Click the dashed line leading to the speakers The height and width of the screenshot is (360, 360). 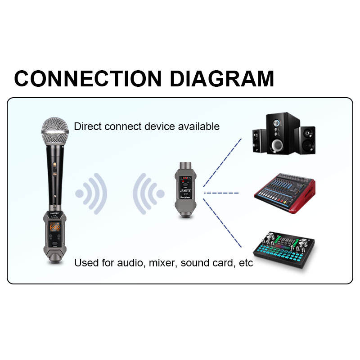[x=222, y=162]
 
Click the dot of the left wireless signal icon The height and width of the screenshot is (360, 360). [x=80, y=194]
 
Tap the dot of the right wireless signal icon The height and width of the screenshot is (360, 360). [x=160, y=194]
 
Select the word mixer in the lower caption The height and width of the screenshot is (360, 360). [x=162, y=263]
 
